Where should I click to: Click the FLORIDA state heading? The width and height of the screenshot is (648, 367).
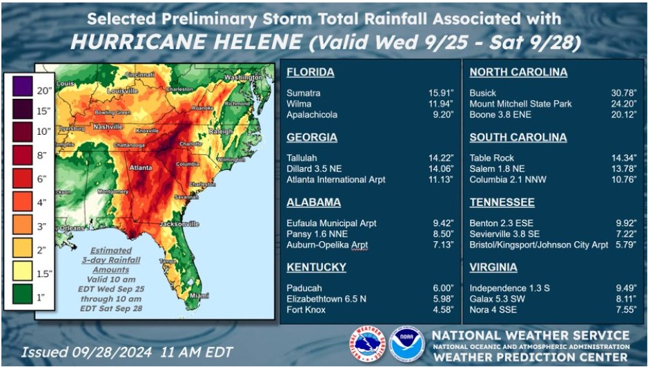(x=310, y=73)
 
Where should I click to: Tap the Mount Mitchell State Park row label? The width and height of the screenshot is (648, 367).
(x=520, y=104)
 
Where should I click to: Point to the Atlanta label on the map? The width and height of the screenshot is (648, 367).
(x=141, y=167)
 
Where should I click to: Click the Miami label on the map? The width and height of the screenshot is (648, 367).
(x=199, y=295)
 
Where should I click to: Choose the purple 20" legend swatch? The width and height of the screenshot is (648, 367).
(x=22, y=89)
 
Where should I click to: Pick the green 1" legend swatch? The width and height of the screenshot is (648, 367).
(x=22, y=297)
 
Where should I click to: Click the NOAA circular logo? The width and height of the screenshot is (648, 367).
(x=406, y=344)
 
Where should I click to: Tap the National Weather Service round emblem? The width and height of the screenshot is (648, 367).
(x=366, y=344)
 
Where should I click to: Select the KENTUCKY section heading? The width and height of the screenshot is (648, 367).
(x=316, y=267)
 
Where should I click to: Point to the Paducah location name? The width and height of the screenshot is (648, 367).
(x=304, y=288)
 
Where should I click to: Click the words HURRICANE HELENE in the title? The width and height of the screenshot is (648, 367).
(x=186, y=42)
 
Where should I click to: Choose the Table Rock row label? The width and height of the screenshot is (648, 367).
(x=491, y=158)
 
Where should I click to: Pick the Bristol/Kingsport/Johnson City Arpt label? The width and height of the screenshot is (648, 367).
(x=538, y=245)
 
